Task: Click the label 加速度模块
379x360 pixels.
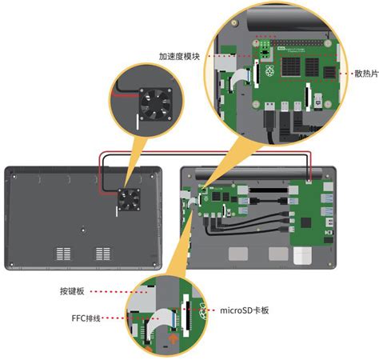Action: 179,56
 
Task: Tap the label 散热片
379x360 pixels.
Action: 366,74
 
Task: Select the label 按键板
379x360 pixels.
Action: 72,291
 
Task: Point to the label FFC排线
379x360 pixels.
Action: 86,318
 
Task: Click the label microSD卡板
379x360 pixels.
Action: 245,310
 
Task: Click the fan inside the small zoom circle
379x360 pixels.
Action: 155,104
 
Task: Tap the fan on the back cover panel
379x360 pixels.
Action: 129,200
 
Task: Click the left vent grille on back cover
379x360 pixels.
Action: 63,254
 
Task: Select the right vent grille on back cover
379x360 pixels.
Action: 103,254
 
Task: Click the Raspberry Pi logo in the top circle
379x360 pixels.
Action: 270,70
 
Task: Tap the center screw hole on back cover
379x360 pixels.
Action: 83,230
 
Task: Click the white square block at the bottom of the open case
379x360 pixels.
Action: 302,256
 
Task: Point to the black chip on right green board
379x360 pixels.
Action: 305,222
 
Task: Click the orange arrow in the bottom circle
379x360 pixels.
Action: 173,339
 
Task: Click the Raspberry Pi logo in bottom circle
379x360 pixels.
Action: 204,312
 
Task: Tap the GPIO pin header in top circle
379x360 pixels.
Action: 297,42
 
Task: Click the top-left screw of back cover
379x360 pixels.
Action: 14,177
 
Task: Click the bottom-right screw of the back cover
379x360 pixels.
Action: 154,264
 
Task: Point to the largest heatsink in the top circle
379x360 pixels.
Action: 291,66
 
